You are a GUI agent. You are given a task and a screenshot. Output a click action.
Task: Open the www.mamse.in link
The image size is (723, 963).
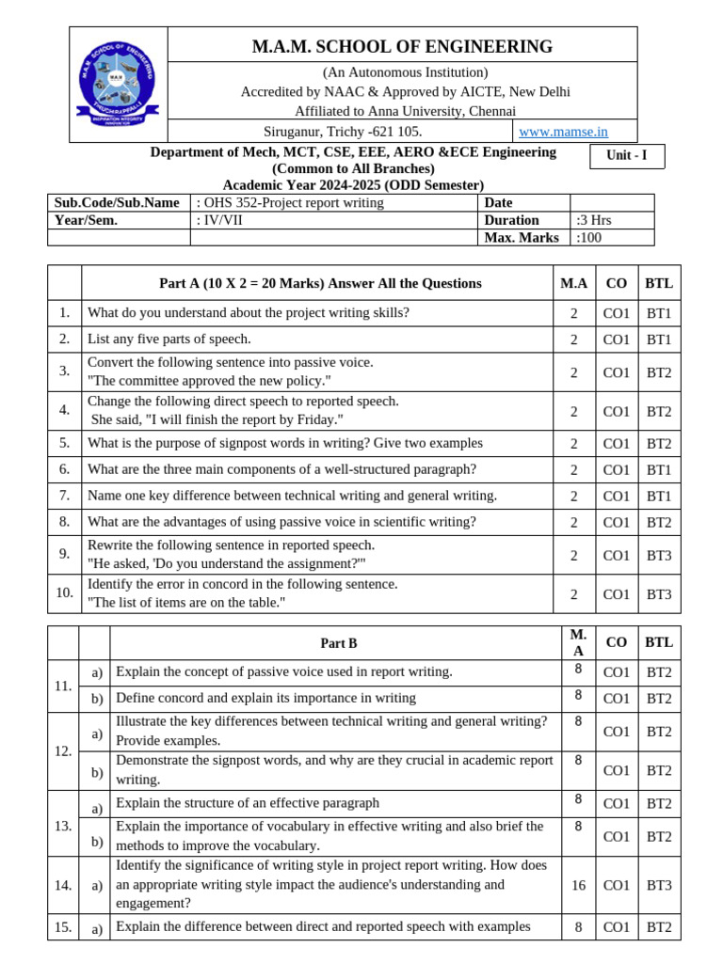[x=563, y=132]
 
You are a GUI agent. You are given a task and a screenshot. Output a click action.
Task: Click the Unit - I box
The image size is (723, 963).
[x=626, y=156]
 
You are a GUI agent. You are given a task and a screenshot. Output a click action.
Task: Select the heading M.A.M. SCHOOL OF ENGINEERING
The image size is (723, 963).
[x=402, y=46]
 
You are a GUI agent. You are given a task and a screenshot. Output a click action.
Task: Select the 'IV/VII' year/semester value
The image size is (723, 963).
[x=225, y=220]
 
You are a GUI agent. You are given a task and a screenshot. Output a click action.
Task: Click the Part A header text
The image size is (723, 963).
[x=320, y=283]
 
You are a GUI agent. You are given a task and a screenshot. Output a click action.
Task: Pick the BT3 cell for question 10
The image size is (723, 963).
[x=658, y=594]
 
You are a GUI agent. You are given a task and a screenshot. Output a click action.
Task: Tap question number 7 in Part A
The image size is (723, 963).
[x=64, y=496]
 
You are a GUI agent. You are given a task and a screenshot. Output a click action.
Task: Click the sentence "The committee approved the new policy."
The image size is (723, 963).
[x=209, y=381]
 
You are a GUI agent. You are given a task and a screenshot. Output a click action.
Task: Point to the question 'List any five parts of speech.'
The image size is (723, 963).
[x=169, y=339]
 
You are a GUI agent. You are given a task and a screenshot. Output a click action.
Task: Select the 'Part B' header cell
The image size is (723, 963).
[x=338, y=643]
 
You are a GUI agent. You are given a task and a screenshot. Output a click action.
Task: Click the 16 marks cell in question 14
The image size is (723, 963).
[x=578, y=885]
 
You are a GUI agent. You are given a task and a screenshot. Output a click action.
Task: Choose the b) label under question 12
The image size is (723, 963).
[x=96, y=771]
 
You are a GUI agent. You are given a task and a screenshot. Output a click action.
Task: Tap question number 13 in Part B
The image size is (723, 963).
[x=63, y=825]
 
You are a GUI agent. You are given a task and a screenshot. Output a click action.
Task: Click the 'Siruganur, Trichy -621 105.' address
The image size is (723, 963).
[x=343, y=132]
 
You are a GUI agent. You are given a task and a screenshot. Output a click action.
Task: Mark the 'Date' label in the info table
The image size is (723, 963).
[x=498, y=202]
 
